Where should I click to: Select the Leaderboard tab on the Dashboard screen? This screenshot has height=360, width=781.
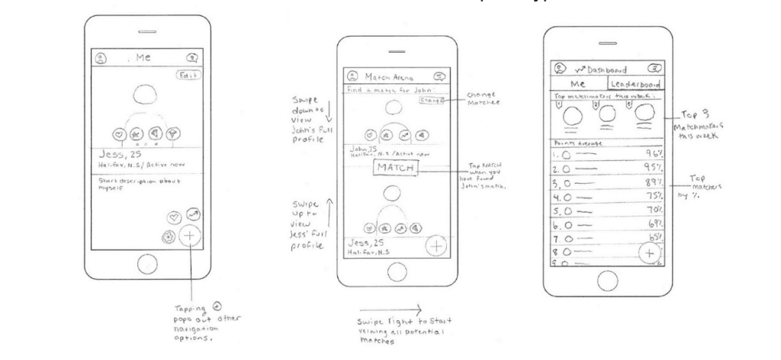pos(635,85)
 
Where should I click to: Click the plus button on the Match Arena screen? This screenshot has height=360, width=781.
pos(436,246)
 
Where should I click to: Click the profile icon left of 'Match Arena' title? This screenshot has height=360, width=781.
pos(352,76)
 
